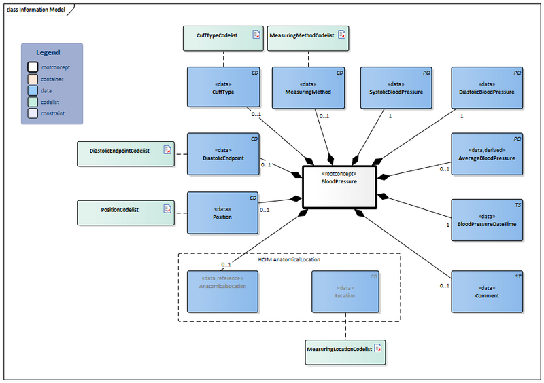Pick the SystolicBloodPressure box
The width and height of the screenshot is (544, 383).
396,88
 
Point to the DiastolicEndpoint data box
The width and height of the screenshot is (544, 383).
223,154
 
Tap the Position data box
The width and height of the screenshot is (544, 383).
223,213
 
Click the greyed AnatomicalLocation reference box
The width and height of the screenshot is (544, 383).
223,291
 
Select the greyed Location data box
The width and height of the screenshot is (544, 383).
345,291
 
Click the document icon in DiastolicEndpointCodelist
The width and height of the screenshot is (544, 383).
166,150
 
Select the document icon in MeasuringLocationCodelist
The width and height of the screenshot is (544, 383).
378,349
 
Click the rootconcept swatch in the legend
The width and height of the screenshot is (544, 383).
33,67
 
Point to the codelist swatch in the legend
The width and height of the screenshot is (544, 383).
33,102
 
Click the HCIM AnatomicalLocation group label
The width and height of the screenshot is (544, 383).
289,260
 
